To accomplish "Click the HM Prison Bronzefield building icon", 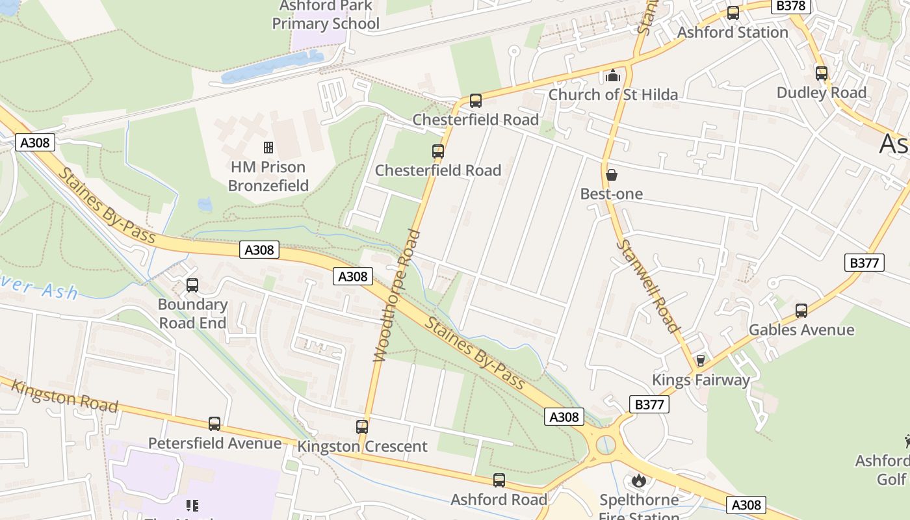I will pos(268,148).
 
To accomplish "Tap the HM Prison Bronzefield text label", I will pos(268,176).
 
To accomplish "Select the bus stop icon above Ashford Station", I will pos(733,13).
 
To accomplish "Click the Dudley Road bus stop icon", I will pos(822,73).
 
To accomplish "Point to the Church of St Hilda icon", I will pos(612,76).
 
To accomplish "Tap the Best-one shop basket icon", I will pos(611,175).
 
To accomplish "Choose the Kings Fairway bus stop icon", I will pos(701,361).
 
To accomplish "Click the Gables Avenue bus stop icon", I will pos(801,311).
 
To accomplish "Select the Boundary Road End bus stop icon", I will pos(192,285).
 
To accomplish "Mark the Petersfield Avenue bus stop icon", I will pos(214,424).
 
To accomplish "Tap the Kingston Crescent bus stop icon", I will pos(362,427).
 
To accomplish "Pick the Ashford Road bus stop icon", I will pos(499,480).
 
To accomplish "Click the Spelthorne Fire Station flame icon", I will pos(639,481).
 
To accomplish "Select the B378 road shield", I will pos(791,6).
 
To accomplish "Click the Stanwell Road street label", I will pos(647,286).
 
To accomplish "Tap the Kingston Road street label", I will pos(65,396).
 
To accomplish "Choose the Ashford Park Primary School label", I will pos(326,16).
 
